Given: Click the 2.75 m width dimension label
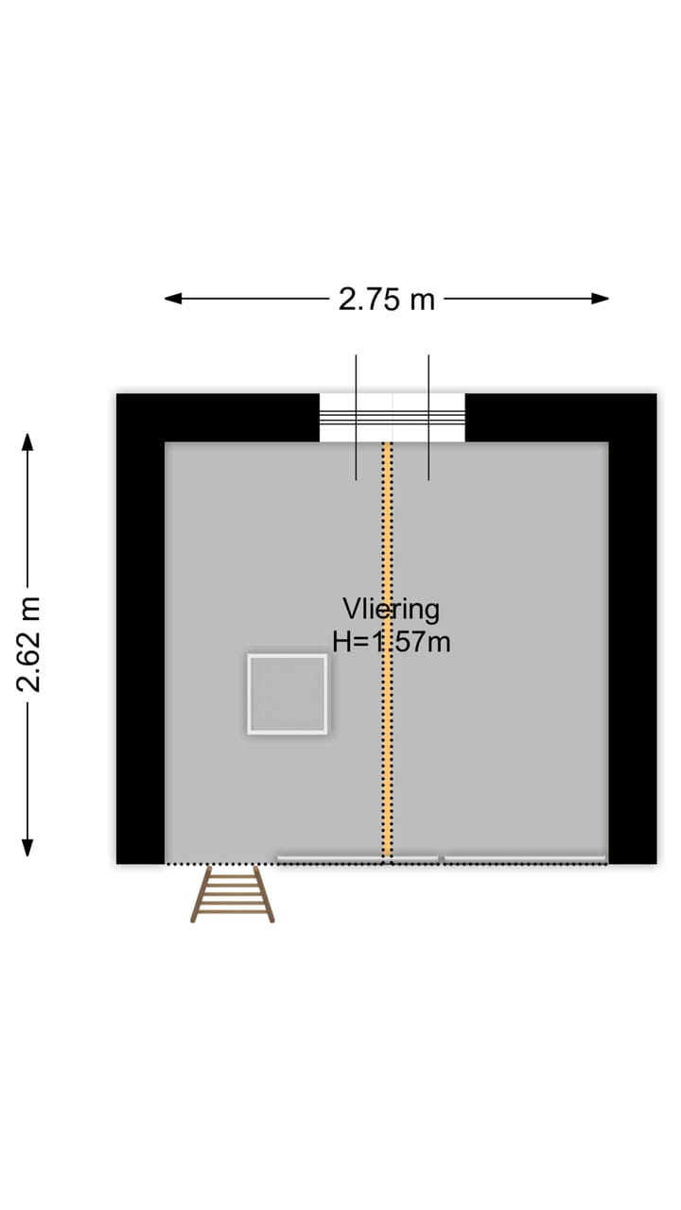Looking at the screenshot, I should point(387,299).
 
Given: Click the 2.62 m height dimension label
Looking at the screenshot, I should point(29,644).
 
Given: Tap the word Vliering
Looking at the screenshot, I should point(391,609).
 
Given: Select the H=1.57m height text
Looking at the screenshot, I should point(391,642).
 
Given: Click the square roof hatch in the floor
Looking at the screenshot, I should point(288,694).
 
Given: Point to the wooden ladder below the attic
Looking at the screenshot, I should point(233,894).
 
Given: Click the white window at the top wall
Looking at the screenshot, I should point(393,418).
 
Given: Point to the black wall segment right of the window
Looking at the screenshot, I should point(558,417).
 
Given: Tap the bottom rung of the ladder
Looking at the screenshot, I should point(233,913).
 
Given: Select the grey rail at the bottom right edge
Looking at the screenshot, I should point(525,858).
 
